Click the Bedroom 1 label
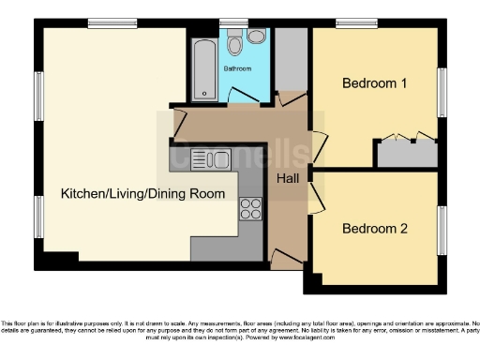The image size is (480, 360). point(374,83)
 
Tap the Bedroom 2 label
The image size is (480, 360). point(374,228)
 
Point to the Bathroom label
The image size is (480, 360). point(236,68)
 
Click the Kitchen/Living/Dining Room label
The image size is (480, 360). point(142,194)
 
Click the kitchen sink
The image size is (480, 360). point(208,160)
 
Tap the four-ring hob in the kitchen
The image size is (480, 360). point(250,209)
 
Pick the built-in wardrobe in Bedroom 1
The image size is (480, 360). point(407,153)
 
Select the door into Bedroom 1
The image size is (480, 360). point(319,145)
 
